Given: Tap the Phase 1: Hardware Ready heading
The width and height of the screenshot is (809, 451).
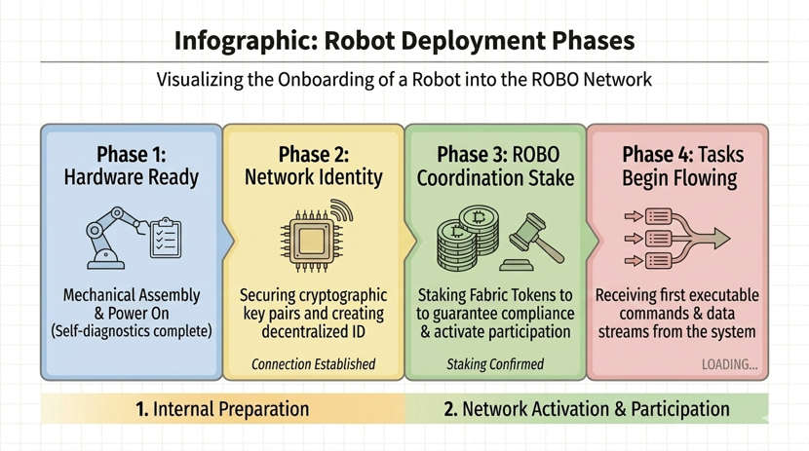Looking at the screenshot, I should [131, 166].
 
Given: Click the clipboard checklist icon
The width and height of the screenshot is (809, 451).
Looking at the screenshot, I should [165, 237].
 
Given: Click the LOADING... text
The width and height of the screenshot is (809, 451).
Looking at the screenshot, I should [729, 364].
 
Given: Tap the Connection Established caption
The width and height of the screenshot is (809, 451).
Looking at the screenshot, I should [313, 364].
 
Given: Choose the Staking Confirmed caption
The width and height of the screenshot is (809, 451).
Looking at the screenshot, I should [495, 364].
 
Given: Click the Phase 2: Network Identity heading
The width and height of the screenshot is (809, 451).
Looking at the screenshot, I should [313, 166].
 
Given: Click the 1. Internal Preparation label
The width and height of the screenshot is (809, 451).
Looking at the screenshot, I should [222, 409].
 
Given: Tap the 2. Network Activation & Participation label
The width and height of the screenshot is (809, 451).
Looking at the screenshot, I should [586, 409].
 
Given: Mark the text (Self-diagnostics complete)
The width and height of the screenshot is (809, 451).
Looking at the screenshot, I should [131, 331].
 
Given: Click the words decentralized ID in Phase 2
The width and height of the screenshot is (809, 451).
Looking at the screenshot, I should [313, 331].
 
